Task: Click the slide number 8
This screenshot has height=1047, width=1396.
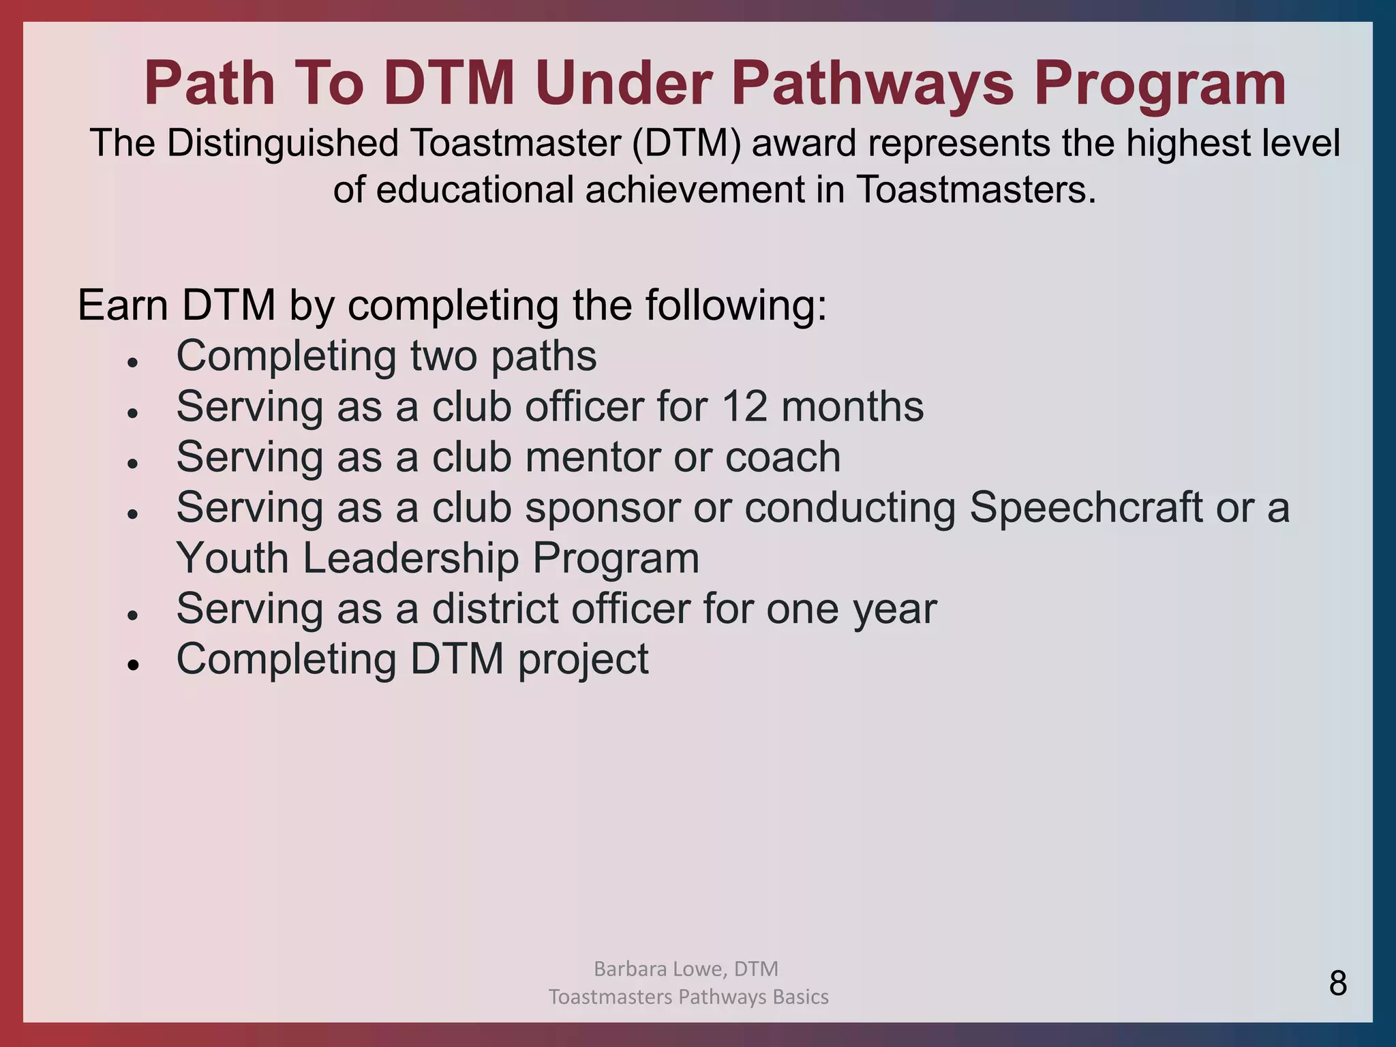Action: pyautogui.click(x=1337, y=984)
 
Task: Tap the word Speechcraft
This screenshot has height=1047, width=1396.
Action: pyautogui.click(x=1086, y=508)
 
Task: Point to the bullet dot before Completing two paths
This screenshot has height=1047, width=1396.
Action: pyautogui.click(x=133, y=363)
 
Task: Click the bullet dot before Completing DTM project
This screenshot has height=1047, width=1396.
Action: pyautogui.click(x=133, y=665)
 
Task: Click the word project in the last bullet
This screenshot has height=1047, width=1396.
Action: pyautogui.click(x=583, y=659)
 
